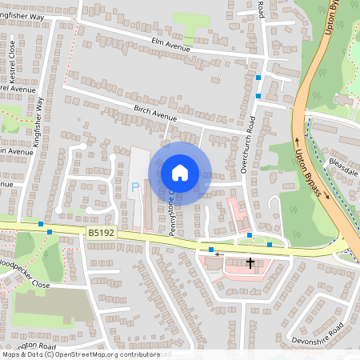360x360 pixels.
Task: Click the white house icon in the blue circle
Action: pyautogui.click(x=180, y=173)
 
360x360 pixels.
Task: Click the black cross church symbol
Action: pyautogui.click(x=250, y=262)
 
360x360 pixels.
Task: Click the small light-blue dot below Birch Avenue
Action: pyautogui.click(x=78, y=120)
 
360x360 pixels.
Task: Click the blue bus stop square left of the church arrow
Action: pyautogui.click(x=210, y=250)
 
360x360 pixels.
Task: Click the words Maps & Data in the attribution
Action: pyautogui.click(x=22, y=354)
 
